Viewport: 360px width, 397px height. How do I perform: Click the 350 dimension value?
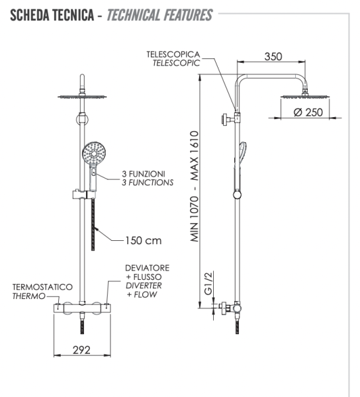coord(273,56)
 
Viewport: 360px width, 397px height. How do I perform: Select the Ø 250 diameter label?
coord(308,112)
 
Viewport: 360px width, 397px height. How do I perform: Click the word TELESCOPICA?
coord(174,54)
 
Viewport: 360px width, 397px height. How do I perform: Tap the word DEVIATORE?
coord(147,268)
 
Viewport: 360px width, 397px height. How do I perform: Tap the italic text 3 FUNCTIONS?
coord(147,182)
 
